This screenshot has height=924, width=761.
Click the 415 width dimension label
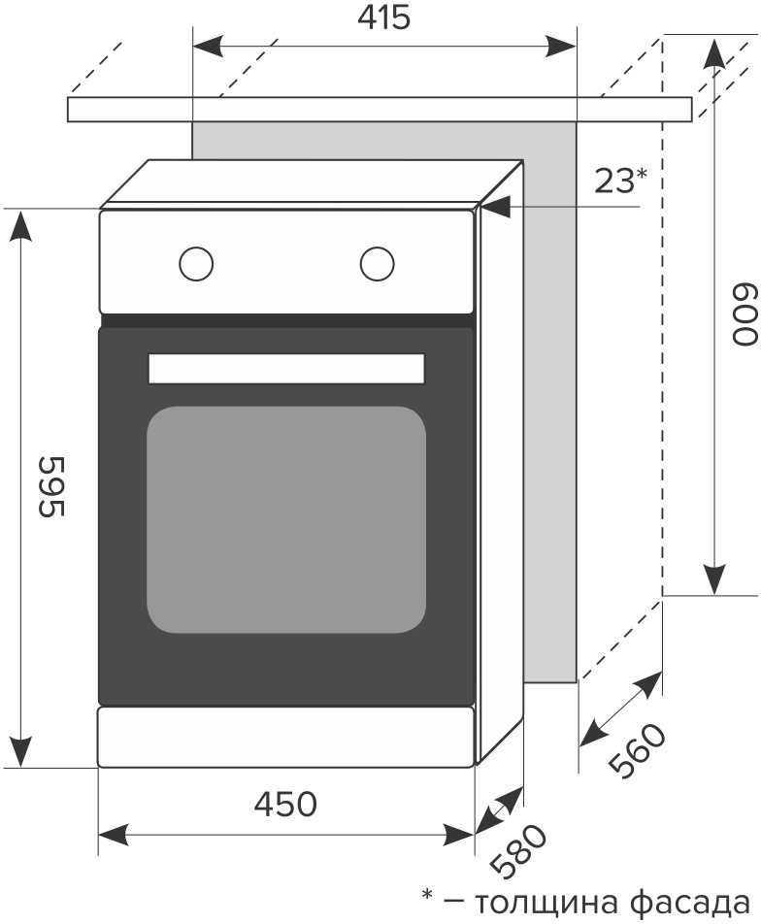[x=383, y=18]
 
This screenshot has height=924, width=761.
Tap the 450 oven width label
[x=286, y=804]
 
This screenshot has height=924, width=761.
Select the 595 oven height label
[x=50, y=486]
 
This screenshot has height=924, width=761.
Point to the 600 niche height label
[x=744, y=314]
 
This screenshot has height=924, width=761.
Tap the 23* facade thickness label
[x=620, y=181]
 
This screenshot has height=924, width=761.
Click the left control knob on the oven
[x=196, y=263]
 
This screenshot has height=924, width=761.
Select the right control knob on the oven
[x=378, y=263]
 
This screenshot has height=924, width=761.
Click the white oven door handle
[x=286, y=369]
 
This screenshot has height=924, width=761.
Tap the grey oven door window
[x=286, y=520]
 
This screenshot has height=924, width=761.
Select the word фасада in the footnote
[x=690, y=903]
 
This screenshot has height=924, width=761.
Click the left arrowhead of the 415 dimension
[x=208, y=47]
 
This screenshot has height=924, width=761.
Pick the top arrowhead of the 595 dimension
[x=21, y=226]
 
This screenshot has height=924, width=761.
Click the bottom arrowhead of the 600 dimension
[x=714, y=579]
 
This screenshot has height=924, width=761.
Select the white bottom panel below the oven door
[x=286, y=738]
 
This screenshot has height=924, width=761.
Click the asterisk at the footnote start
[x=427, y=895]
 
